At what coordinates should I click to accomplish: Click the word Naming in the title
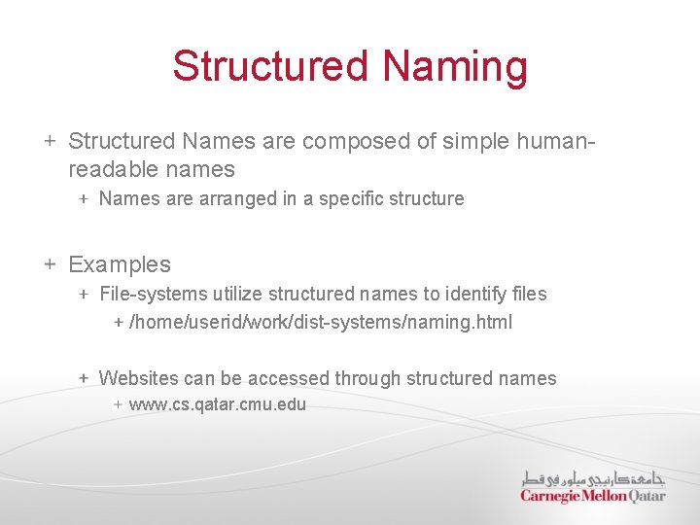point(455,66)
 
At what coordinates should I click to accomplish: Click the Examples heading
point(120,264)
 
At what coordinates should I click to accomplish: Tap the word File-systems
point(151,294)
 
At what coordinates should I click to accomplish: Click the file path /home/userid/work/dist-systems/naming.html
point(321,322)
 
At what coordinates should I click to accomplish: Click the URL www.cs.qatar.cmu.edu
point(218,404)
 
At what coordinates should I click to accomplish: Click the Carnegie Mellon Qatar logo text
point(593,496)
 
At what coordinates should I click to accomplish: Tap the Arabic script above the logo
point(593,478)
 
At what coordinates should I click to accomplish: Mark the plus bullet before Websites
point(85,379)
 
